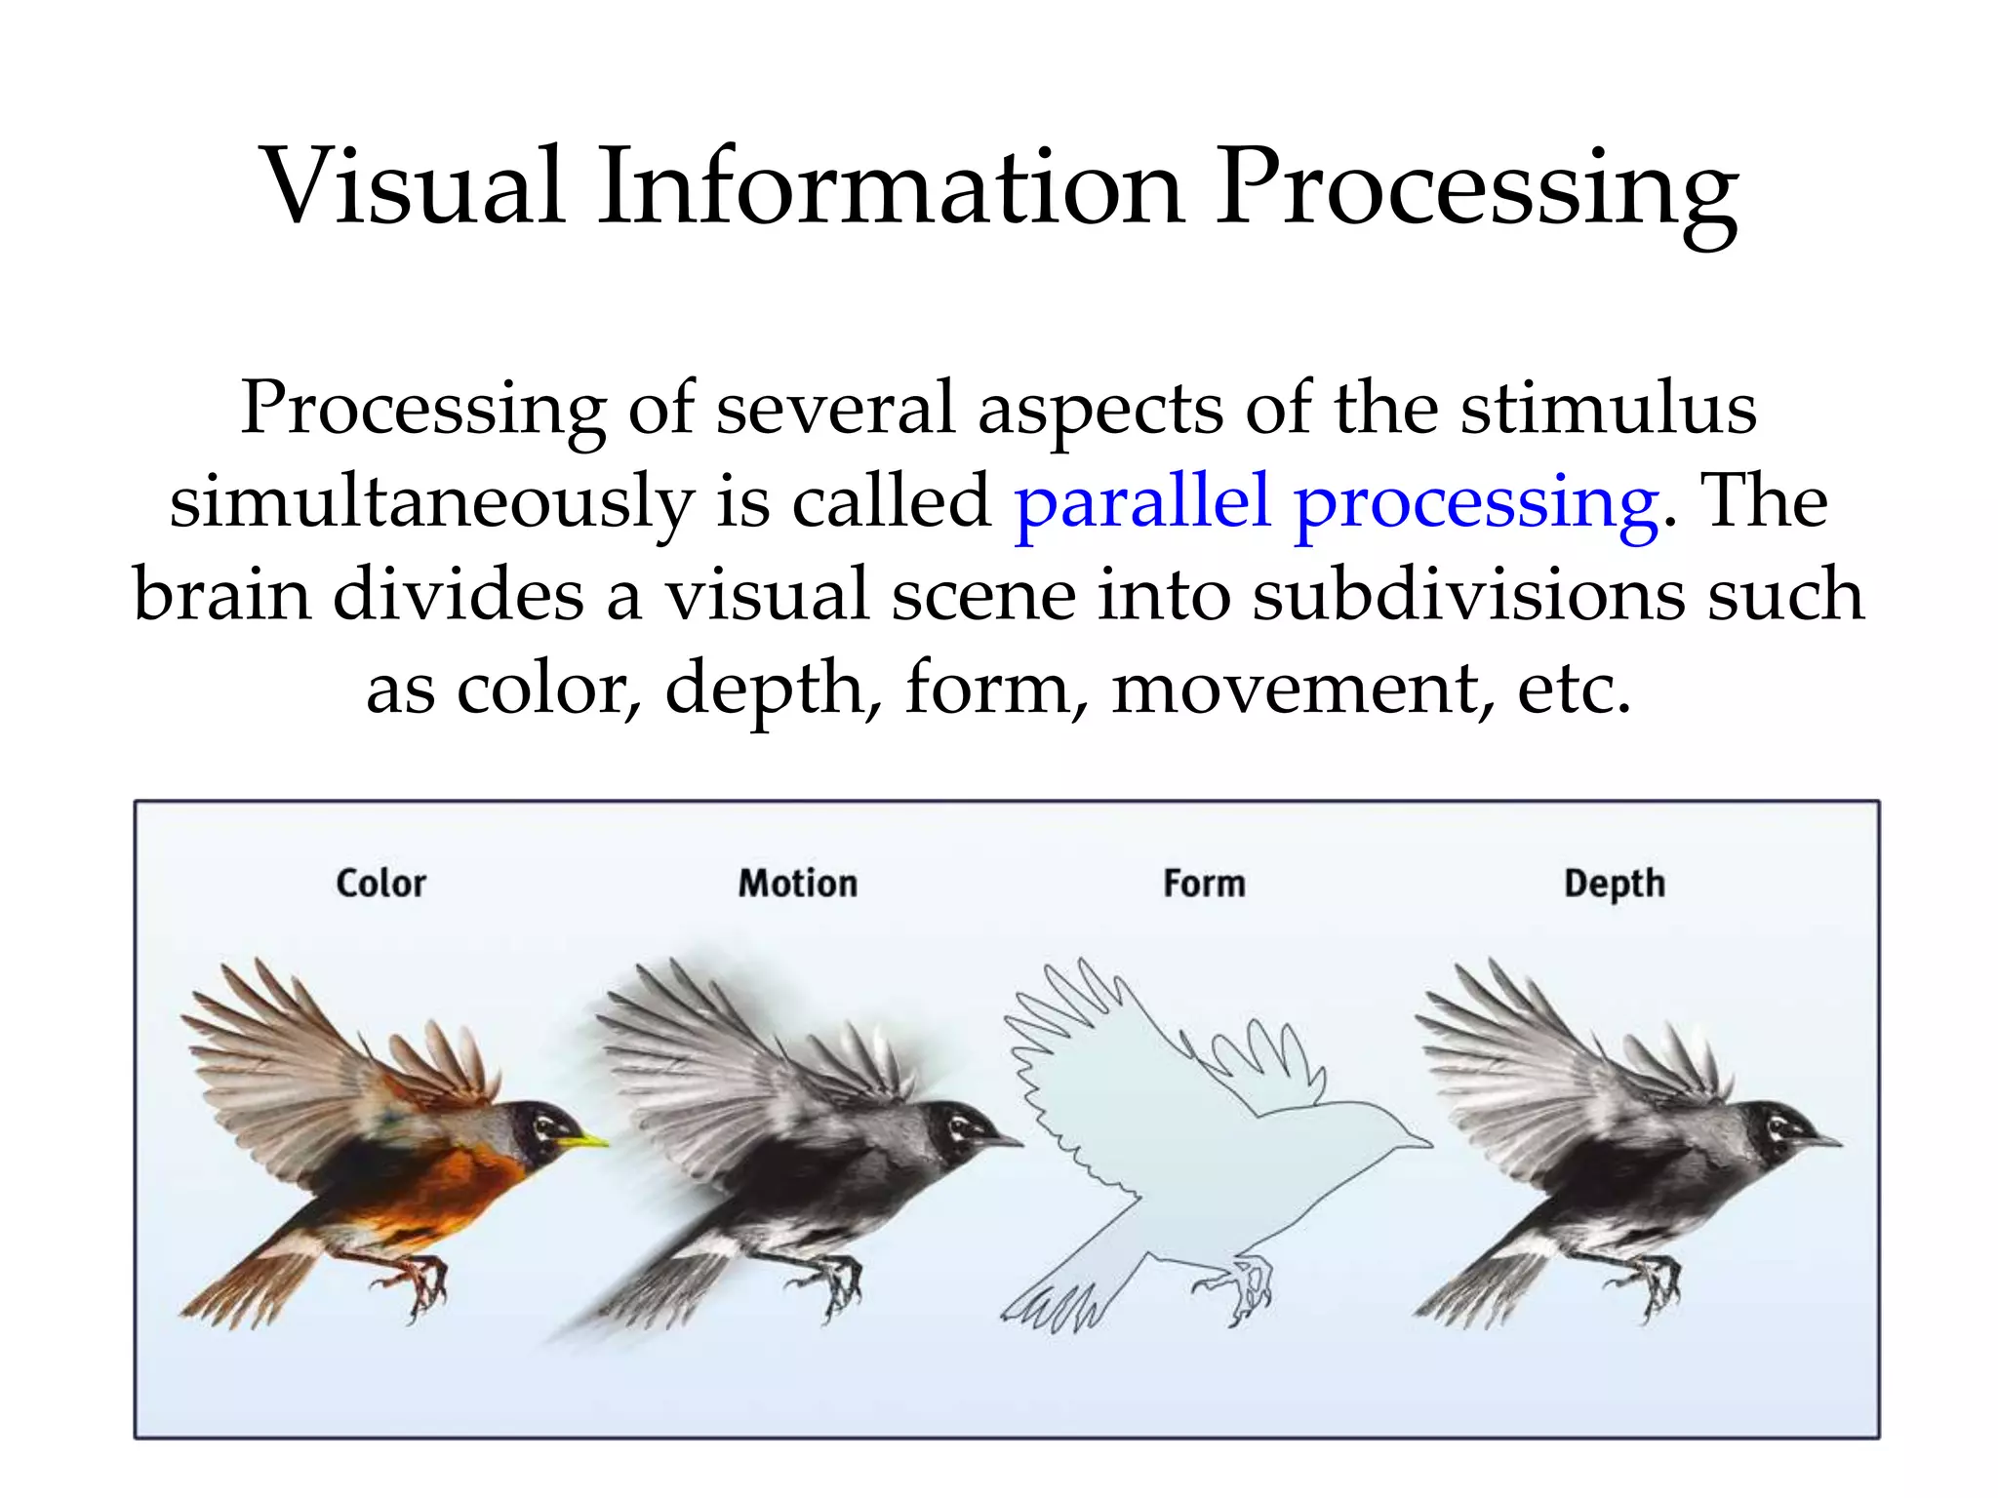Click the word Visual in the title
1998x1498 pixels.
pos(414,187)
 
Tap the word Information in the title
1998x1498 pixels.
pos(891,187)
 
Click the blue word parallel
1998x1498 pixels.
pos(1142,501)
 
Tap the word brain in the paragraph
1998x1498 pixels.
pos(220,594)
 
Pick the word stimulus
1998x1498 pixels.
pos(1608,409)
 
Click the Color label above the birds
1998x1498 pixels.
pos(380,884)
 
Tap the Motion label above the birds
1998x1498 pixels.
pos(797,884)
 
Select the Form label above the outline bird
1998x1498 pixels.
pos(1204,884)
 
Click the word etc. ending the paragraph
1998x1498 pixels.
pos(1574,689)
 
